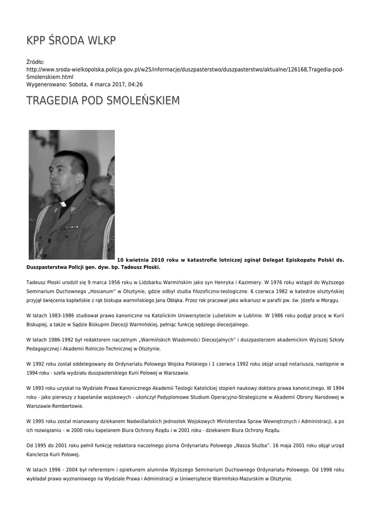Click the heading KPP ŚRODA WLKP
click(71, 40)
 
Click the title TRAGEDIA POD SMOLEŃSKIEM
click(103, 100)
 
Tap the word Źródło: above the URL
click(35, 62)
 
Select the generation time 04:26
click(135, 84)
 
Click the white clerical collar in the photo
click(62, 204)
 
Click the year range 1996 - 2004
click(60, 469)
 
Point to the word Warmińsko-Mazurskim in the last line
click(230, 478)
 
